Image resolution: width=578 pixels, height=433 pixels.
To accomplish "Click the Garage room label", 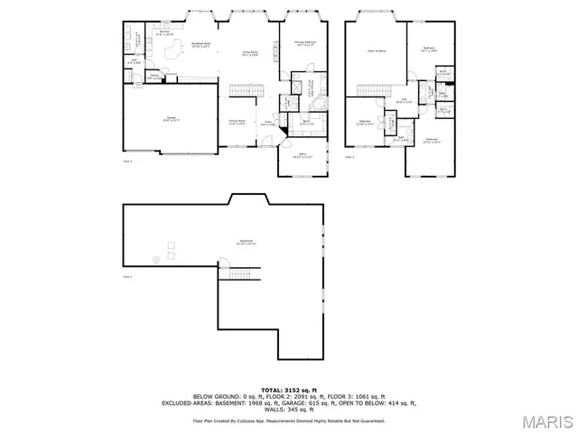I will click(171, 118).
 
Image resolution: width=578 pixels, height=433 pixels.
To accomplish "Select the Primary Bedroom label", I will click(304, 43).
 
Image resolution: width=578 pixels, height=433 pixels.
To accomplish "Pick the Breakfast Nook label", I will click(200, 44).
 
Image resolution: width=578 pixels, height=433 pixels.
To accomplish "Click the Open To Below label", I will click(376, 51).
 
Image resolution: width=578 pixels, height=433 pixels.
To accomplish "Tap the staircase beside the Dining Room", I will click(245, 91).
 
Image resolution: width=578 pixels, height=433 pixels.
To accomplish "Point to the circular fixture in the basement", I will click(155, 259).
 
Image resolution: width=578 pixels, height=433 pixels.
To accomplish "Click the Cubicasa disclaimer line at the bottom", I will click(288, 420).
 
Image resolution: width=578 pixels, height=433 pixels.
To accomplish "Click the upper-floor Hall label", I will click(406, 101).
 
